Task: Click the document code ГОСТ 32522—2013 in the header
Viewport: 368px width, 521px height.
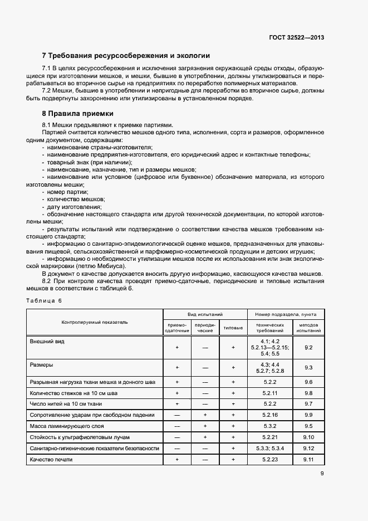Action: coord(297,38)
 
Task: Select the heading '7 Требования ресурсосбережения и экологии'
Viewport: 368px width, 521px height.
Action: coord(126,56)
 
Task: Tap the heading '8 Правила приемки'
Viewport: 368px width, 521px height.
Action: coord(77,113)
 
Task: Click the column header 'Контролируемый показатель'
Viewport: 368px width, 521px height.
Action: coord(95,322)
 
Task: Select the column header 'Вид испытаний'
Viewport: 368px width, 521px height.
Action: coord(205,314)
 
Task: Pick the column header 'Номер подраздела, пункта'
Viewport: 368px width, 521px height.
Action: coord(286,314)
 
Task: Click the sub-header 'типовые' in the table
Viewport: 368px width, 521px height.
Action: coord(233,328)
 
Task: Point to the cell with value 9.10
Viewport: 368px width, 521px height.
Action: coord(309,437)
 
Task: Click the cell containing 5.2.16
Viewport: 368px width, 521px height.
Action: coord(269,415)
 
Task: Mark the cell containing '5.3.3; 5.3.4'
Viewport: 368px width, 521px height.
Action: coord(269,449)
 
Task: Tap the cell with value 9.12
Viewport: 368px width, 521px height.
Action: coord(309,449)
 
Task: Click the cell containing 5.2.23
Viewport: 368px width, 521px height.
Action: coord(269,460)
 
